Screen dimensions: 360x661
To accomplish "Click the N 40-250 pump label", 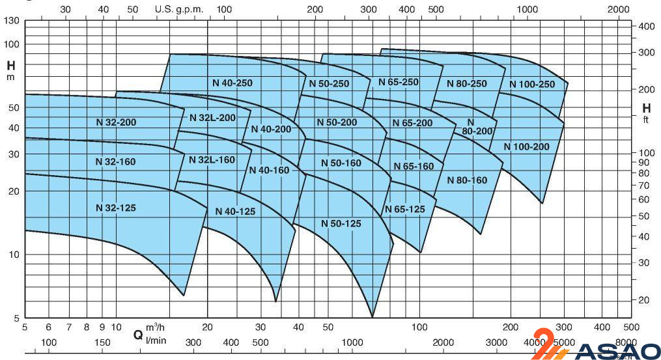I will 232,83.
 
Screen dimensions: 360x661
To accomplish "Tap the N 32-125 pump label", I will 115,208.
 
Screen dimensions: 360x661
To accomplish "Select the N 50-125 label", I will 341,223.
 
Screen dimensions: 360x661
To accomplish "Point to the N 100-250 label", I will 531,84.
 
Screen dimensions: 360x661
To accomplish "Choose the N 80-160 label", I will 467,180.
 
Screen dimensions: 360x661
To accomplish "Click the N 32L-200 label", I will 212,118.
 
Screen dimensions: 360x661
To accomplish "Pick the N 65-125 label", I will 404,209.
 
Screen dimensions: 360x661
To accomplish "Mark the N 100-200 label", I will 526,146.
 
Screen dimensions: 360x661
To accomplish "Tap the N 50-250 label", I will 329,83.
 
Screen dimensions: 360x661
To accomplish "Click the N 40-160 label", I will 269,170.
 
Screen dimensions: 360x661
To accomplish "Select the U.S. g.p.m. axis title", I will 180,10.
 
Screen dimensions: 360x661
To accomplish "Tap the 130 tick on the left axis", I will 12,21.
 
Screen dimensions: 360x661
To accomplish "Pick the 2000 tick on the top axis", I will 618,9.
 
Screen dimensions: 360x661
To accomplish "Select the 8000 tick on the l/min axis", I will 625,342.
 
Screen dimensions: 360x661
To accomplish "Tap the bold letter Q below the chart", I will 138,335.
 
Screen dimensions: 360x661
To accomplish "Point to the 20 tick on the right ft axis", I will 643,299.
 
